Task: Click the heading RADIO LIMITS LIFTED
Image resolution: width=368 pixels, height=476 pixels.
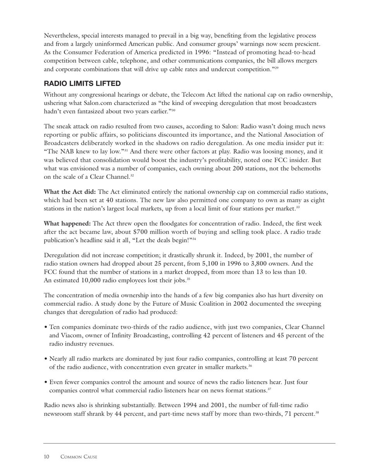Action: coord(82,84)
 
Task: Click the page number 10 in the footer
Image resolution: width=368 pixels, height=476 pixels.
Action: coord(46,457)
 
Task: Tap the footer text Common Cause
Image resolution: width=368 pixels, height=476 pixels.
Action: coord(79,457)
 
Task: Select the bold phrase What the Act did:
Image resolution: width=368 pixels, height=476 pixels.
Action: coord(70,192)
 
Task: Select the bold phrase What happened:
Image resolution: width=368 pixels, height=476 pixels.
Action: coord(67,224)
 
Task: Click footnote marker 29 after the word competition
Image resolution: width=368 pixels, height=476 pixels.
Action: coord(277,68)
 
